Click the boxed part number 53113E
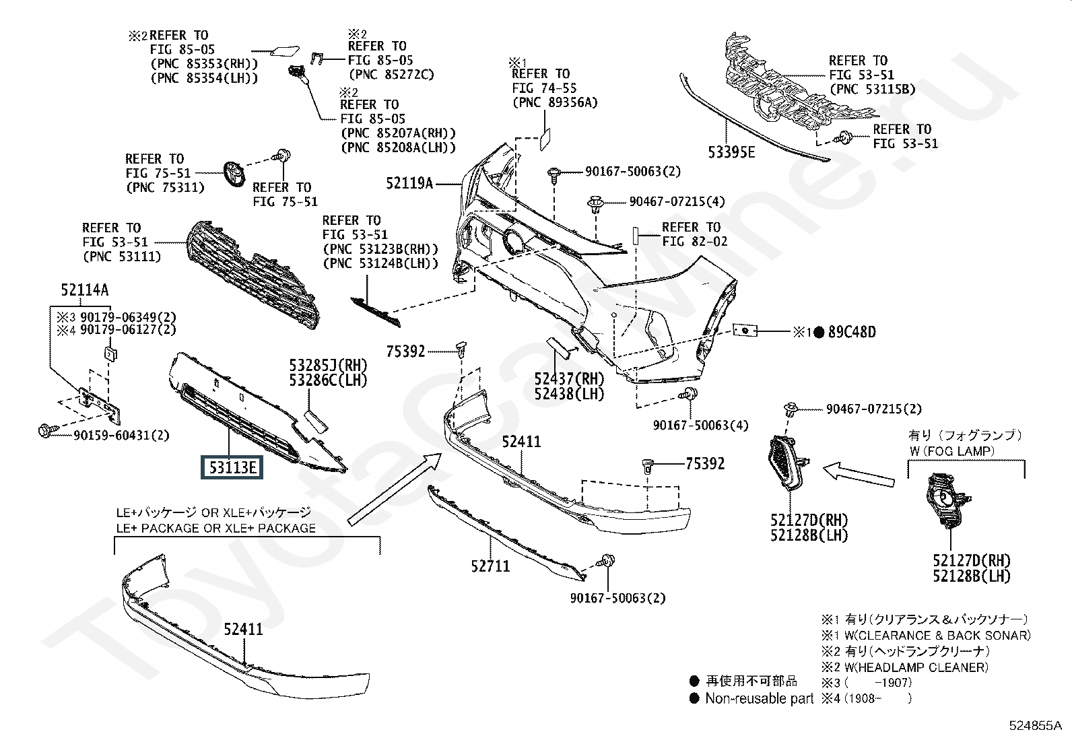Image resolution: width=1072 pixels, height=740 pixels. pyautogui.click(x=232, y=467)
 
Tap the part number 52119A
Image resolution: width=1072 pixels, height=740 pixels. pyautogui.click(x=409, y=183)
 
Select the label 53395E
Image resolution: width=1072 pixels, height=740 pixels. pyautogui.click(x=731, y=152)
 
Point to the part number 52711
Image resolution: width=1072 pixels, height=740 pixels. pyautogui.click(x=490, y=566)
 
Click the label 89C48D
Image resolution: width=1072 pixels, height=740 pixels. pyautogui.click(x=852, y=332)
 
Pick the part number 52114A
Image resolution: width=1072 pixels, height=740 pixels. pyautogui.click(x=85, y=290)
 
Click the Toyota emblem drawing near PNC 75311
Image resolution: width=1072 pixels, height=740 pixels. pyautogui.click(x=234, y=174)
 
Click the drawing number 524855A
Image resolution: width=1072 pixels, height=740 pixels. pyautogui.click(x=1035, y=725)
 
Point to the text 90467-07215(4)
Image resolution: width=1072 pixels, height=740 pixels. pyautogui.click(x=677, y=201)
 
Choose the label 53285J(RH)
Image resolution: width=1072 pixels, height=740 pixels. pyautogui.click(x=328, y=365)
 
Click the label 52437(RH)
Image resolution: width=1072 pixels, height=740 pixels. pyautogui.click(x=569, y=378)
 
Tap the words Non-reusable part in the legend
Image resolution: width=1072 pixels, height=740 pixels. pyautogui.click(x=760, y=698)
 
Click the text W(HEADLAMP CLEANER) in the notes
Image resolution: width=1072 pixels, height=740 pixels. pyautogui.click(x=916, y=667)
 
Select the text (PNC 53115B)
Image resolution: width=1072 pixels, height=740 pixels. pyautogui.click(x=873, y=90)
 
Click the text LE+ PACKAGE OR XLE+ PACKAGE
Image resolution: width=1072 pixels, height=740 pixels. pyautogui.click(x=216, y=528)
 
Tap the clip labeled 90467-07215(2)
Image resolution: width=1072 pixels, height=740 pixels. pyautogui.click(x=790, y=410)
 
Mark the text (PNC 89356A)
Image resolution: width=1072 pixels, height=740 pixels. pyautogui.click(x=555, y=102)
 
